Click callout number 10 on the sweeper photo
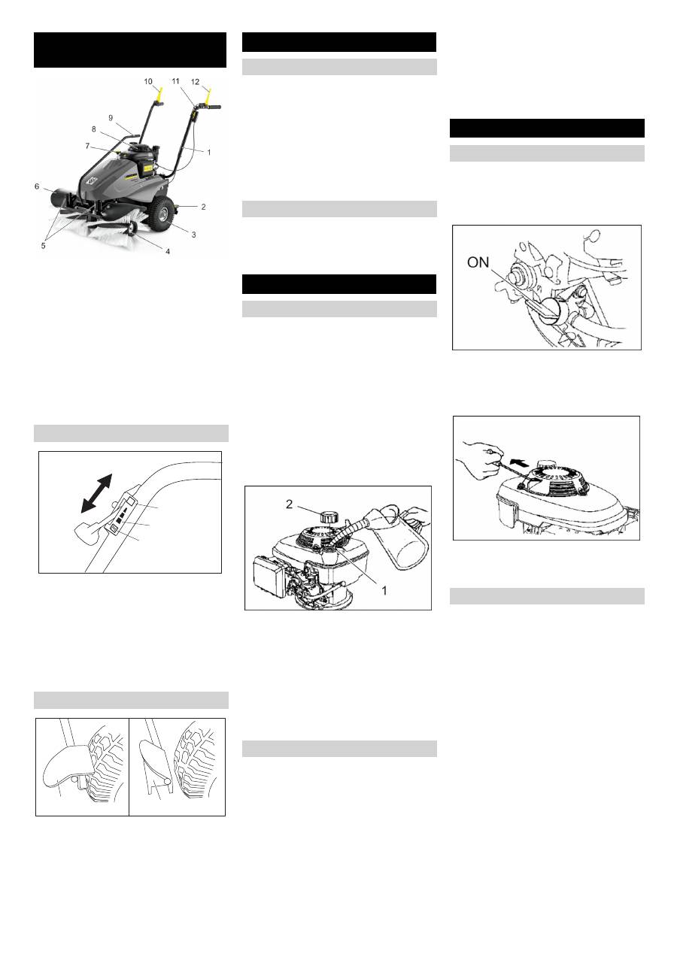[x=148, y=82]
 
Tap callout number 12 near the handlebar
[x=195, y=82]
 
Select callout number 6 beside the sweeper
[x=37, y=186]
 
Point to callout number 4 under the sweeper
[x=168, y=252]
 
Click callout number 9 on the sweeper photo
[x=111, y=117]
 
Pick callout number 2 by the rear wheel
[x=203, y=207]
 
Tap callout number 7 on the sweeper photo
[x=87, y=146]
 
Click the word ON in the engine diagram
[x=478, y=262]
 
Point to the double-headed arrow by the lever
[x=96, y=493]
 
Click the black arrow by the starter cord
[x=520, y=462]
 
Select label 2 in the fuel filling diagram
[x=290, y=504]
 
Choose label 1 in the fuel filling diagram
[x=384, y=590]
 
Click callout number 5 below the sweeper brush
[x=43, y=246]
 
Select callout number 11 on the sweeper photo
[x=176, y=80]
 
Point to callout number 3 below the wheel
[x=193, y=235]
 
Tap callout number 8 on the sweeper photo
[x=93, y=129]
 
